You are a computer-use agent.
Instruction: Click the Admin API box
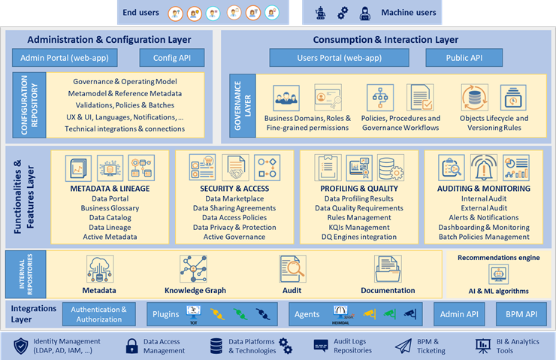[458, 313]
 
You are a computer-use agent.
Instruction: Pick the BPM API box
[521, 313]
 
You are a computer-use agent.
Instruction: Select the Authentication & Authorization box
[99, 314]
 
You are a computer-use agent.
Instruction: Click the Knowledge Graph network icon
[194, 269]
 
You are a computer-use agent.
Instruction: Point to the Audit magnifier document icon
[292, 269]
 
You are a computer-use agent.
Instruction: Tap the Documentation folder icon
[388, 269]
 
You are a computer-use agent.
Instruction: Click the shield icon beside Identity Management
[20, 345]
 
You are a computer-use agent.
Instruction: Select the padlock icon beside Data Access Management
[132, 346]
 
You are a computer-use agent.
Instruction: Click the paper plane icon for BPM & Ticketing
[403, 345]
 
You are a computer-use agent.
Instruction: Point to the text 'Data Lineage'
[110, 227]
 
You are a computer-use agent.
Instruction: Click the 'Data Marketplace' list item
[234, 198]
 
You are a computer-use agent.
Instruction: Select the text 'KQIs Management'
[358, 227]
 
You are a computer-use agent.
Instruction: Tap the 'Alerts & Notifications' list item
[484, 217]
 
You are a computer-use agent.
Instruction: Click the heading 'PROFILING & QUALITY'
[358, 188]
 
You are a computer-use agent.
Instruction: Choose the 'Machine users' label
[408, 13]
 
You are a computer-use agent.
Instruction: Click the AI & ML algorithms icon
[498, 274]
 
